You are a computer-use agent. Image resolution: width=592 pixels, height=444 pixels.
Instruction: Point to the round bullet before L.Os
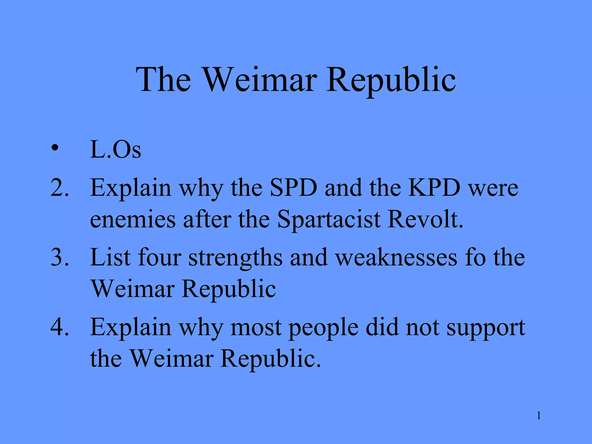coord(54,149)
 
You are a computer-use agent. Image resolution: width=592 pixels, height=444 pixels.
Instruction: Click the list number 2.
coord(60,188)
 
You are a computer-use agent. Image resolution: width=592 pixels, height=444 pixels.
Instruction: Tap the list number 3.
coord(60,257)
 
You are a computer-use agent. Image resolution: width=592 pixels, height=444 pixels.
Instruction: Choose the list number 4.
coord(60,327)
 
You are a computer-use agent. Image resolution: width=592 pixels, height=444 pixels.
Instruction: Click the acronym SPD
coord(293,188)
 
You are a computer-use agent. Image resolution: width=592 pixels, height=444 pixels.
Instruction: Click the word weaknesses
coord(397,257)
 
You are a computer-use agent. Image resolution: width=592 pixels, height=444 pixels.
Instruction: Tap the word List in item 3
coord(110,257)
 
